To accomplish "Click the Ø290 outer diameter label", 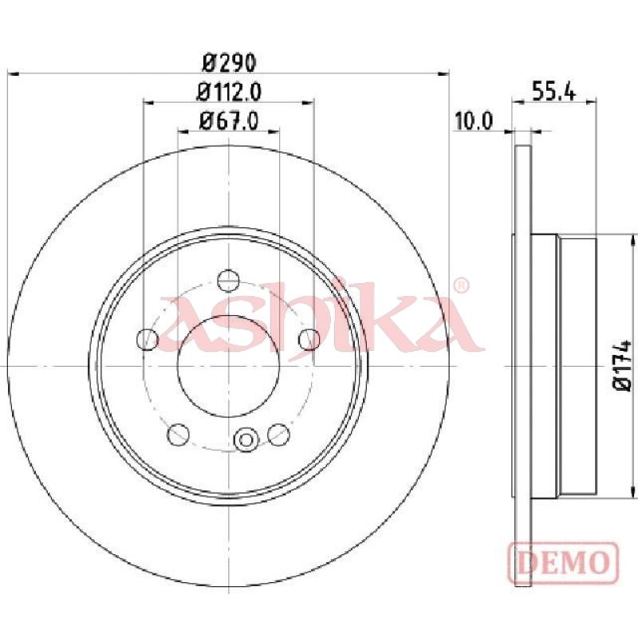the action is click(230, 62).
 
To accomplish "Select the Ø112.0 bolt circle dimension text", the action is click(229, 92).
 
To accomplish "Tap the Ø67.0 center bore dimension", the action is click(229, 121).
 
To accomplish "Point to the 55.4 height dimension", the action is click(553, 92).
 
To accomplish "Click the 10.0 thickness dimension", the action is click(474, 121).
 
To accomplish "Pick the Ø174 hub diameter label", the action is click(622, 365).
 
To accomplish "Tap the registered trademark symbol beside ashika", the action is click(461, 286).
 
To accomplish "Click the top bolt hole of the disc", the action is click(228, 281).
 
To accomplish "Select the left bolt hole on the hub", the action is click(148, 339).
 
